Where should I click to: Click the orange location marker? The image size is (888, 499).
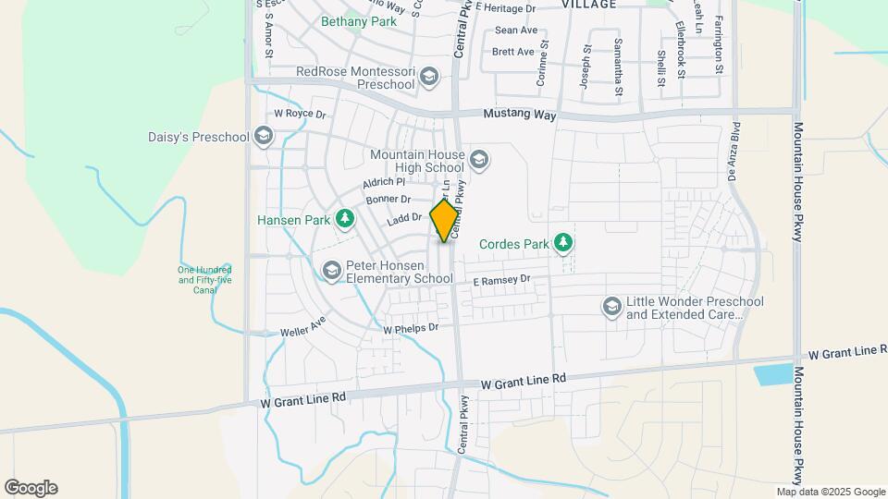pos(445,220)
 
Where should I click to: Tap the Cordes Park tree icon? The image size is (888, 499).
pos(563,243)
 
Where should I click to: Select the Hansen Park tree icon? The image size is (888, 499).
pos(344,219)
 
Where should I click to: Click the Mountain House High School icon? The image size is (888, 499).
pos(478,161)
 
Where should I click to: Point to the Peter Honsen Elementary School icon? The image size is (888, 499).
pos(331,270)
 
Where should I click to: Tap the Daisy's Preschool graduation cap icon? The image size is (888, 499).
pos(264,138)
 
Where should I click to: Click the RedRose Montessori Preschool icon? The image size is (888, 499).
pos(428,78)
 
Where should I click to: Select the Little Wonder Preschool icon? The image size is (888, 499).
pos(611,306)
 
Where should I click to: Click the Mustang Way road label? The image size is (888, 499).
pos(521,116)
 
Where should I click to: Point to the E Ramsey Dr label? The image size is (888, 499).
pos(501,279)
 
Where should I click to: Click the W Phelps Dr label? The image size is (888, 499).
pos(411,328)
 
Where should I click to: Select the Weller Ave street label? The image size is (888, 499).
pos(304,325)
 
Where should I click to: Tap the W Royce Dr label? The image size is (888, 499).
pos(301,115)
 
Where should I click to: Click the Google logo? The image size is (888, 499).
pos(31,488)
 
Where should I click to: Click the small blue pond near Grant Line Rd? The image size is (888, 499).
pos(773,375)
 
